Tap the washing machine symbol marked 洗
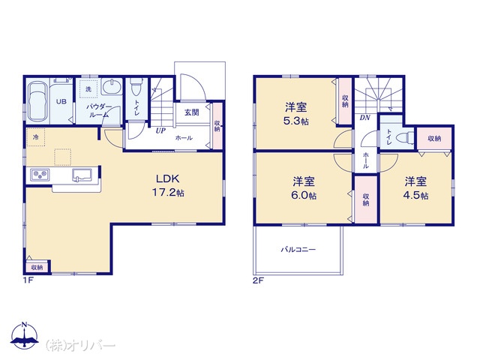[x=88, y=89]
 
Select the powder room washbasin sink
[x=112, y=87]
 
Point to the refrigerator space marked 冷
[x=35, y=137]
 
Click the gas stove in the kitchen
[x=40, y=175]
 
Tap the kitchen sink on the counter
[x=82, y=175]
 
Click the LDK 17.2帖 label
[x=168, y=185]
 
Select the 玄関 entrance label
[x=192, y=112]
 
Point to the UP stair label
[x=160, y=130]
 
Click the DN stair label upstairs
[x=364, y=118]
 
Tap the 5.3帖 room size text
[x=295, y=121]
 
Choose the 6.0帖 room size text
[x=304, y=195]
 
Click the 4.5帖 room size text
[x=415, y=195]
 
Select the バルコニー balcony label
[x=298, y=250]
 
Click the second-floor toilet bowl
[x=403, y=138]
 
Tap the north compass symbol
[x=25, y=334]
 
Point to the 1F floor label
[x=28, y=280]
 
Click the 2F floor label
[x=258, y=280]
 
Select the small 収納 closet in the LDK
[x=37, y=267]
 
